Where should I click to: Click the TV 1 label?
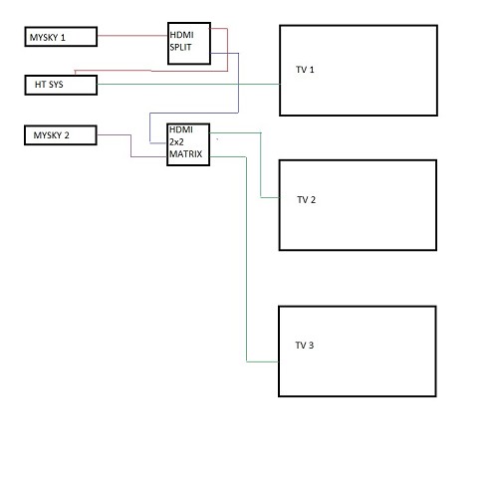tap(305, 70)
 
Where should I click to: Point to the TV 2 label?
tap(306, 200)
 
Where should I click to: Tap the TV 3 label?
tap(305, 346)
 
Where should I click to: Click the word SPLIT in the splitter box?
tap(180, 47)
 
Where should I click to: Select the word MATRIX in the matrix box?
tap(185, 154)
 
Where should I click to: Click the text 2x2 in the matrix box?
tap(176, 142)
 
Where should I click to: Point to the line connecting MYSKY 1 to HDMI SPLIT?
tap(132, 35)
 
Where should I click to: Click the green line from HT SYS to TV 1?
tap(188, 85)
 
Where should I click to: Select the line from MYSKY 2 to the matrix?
tap(130, 145)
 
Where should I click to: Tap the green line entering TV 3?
tap(246, 259)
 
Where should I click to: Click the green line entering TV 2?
tap(261, 165)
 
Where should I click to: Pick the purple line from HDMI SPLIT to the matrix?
tap(238, 100)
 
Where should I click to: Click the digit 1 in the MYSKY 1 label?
tap(63, 38)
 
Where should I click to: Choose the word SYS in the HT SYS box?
tap(56, 85)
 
